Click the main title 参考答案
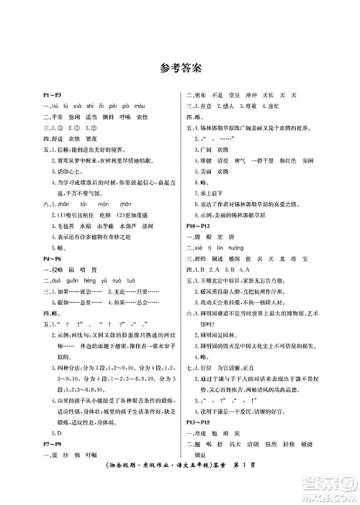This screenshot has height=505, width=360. pyautogui.click(x=180, y=68)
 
